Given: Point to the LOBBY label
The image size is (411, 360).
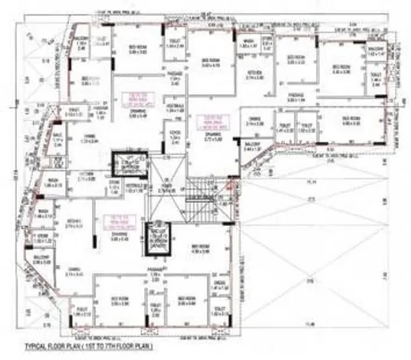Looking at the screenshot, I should [174, 129].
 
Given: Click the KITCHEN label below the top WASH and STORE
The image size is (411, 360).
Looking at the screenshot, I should [256, 74].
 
